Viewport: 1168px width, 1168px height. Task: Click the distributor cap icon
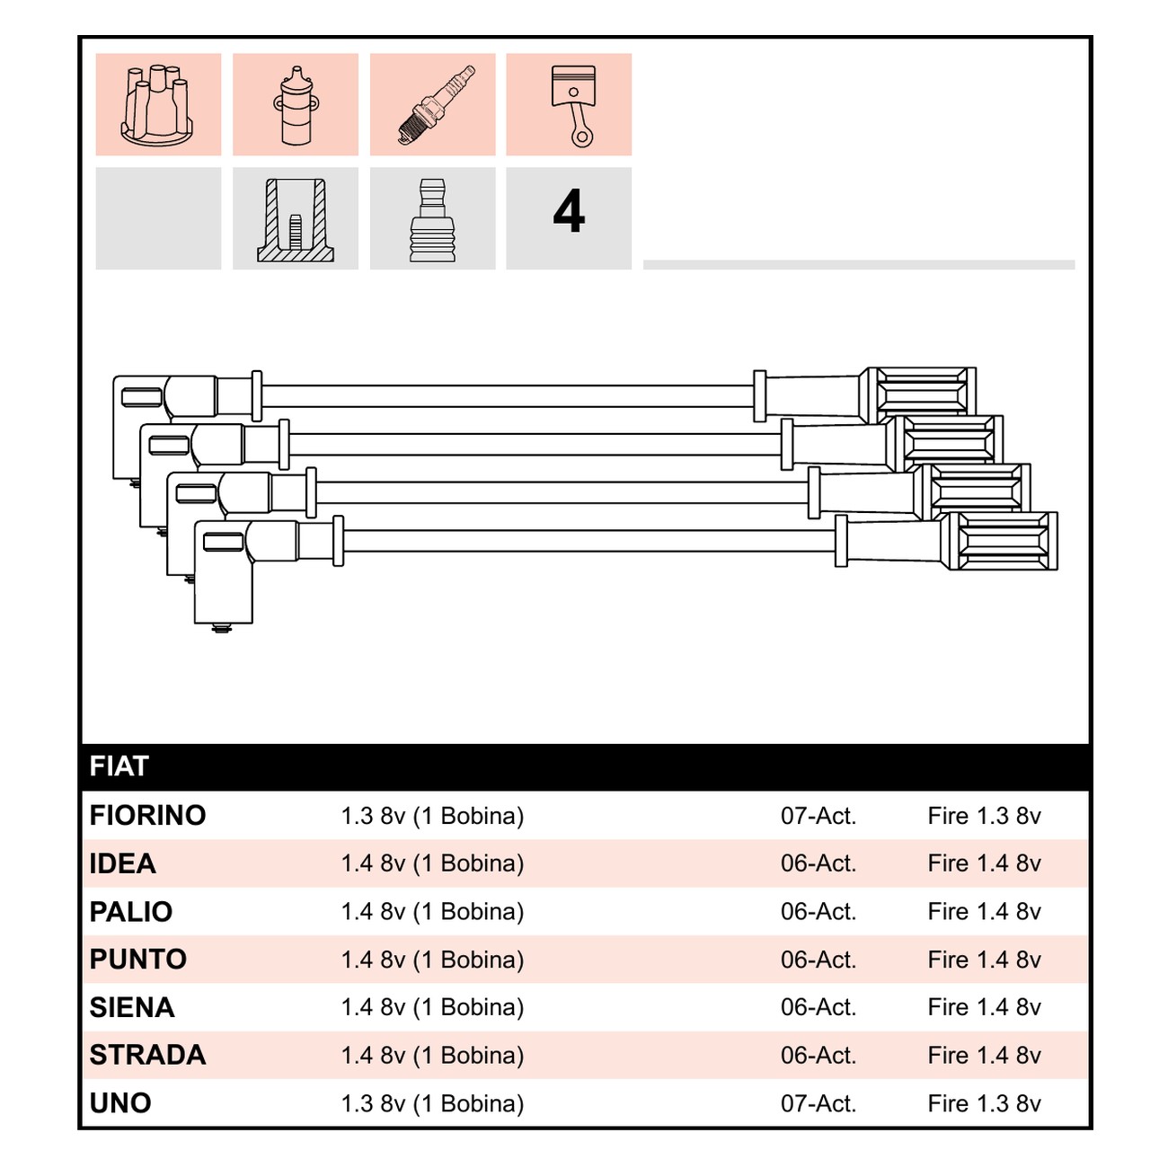pos(157,105)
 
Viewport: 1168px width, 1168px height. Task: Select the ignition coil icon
pos(296,105)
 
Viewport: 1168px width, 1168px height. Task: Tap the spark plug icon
pos(436,105)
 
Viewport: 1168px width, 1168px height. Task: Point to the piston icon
pos(573,105)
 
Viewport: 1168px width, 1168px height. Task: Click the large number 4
pos(569,211)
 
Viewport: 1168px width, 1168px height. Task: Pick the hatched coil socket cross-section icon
pos(296,220)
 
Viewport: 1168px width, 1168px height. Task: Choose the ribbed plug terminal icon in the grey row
pos(432,220)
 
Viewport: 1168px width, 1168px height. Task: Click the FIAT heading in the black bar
pos(119,766)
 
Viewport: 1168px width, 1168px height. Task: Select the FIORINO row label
pos(147,815)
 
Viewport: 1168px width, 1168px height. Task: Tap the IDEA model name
pos(122,863)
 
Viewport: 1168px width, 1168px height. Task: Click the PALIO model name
pos(131,911)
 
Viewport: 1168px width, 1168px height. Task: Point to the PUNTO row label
pos(137,959)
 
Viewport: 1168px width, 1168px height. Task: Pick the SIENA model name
pos(132,1007)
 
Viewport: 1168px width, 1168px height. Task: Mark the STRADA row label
pos(147,1056)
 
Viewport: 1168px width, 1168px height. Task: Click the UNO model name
pos(120,1103)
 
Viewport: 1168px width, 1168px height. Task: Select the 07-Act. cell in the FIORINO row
pos(818,816)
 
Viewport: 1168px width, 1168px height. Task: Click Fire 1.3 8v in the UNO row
pos(984,1103)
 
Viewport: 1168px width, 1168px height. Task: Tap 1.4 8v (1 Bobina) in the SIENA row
pos(432,1007)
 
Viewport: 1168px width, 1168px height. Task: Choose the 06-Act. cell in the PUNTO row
pos(818,960)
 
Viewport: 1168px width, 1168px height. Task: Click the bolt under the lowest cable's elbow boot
pos(222,628)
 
